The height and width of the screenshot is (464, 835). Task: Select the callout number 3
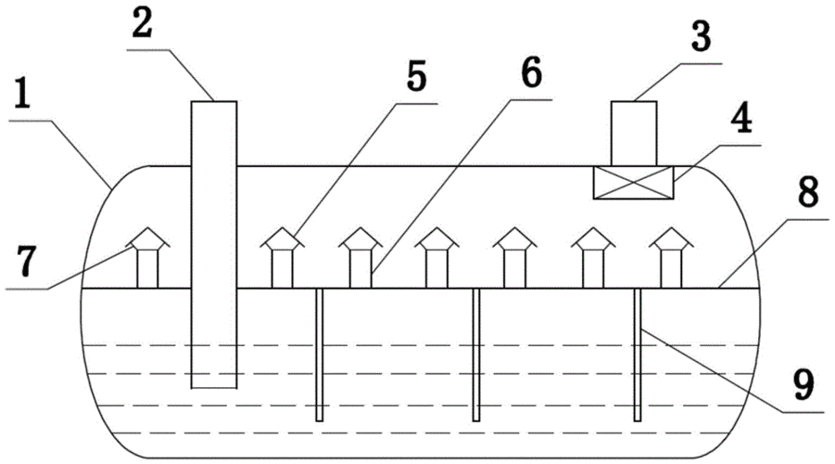[701, 36]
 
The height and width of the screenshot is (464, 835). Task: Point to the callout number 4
[741, 118]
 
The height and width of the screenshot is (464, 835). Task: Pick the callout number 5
[416, 76]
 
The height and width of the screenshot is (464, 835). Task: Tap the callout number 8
[808, 192]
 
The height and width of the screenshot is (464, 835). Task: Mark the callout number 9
[803, 384]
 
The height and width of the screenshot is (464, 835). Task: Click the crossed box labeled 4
[634, 183]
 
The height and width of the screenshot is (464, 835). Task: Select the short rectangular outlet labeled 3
[634, 134]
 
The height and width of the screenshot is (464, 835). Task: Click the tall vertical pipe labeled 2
[214, 244]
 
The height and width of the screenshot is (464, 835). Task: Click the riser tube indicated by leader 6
[361, 269]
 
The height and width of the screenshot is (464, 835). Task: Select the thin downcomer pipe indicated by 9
[638, 354]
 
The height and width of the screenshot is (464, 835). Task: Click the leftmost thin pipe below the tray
[320, 354]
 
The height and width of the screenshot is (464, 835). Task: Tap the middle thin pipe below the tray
[476, 354]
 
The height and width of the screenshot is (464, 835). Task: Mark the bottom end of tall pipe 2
[214, 388]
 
